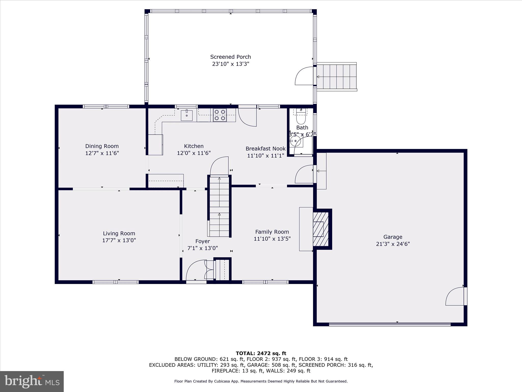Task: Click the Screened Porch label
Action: coord(230,57)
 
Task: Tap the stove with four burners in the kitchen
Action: coord(220,115)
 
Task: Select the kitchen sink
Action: coord(187,115)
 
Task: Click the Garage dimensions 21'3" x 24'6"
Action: coord(393,244)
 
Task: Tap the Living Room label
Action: coord(119,233)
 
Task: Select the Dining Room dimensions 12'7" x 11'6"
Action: coord(102,153)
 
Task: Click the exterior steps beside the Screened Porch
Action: coord(336,77)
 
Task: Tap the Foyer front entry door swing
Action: coord(196,271)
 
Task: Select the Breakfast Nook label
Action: coord(265,149)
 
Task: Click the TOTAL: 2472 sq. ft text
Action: coord(261,353)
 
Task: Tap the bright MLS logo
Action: coord(32,381)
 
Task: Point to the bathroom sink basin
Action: coord(296,141)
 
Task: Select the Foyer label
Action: coord(203,241)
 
